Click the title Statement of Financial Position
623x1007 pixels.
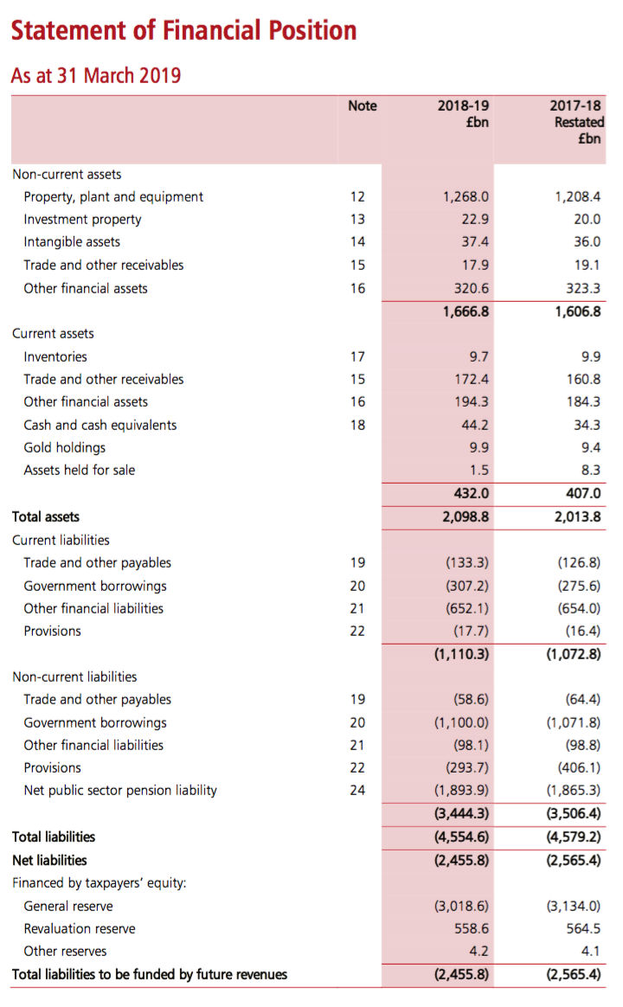tap(183, 31)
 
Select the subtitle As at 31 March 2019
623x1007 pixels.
tap(96, 75)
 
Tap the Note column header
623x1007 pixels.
tap(362, 106)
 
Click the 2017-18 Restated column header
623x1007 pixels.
tap(577, 122)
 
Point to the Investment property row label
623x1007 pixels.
tap(82, 219)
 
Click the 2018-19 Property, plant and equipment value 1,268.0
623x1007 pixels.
tap(466, 196)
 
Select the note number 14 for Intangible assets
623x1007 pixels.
tap(357, 242)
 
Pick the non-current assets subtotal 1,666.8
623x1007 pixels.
tap(466, 311)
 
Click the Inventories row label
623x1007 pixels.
tap(55, 356)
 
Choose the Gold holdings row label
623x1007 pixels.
tap(65, 447)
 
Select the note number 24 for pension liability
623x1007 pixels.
tap(357, 790)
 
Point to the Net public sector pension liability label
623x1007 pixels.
tap(120, 790)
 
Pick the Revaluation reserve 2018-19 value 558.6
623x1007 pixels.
tap(472, 928)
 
